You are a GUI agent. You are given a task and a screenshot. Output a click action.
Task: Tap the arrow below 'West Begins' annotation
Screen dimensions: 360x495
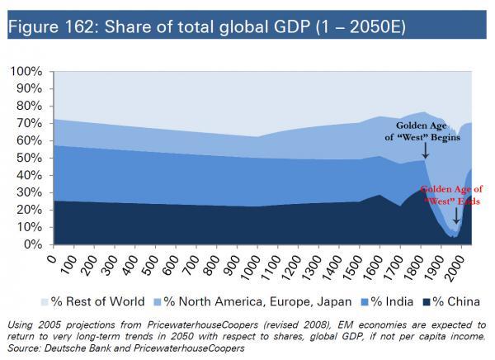click(426, 150)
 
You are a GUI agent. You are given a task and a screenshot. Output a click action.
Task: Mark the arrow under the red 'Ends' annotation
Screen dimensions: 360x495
click(456, 217)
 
